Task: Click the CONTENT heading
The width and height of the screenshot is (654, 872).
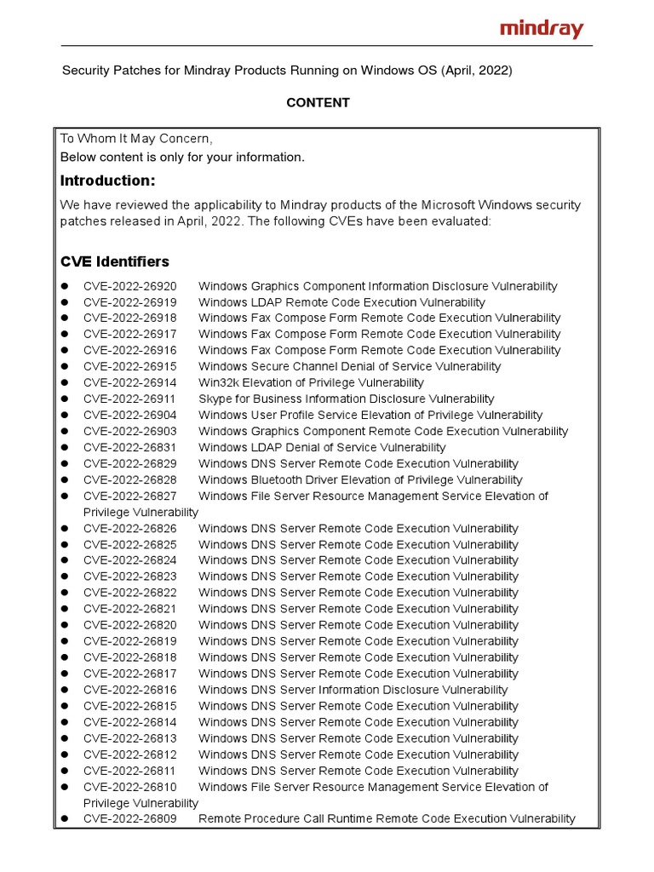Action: (x=318, y=103)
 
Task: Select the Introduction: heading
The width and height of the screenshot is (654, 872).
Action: (x=107, y=181)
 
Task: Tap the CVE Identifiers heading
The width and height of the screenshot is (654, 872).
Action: (x=114, y=261)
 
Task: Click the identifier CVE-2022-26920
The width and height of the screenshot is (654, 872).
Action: (x=129, y=286)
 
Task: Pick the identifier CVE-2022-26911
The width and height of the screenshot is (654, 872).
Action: (x=129, y=399)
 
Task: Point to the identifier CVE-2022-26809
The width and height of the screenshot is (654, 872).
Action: (x=129, y=819)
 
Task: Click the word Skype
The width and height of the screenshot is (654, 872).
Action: (x=215, y=399)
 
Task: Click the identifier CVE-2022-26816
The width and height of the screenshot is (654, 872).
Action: (x=129, y=690)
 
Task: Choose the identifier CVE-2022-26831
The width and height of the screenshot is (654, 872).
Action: (x=129, y=447)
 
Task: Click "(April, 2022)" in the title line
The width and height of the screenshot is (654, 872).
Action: (x=476, y=71)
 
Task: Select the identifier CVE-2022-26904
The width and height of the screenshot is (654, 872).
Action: (x=129, y=415)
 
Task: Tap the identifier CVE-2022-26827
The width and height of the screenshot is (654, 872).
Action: (x=129, y=496)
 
